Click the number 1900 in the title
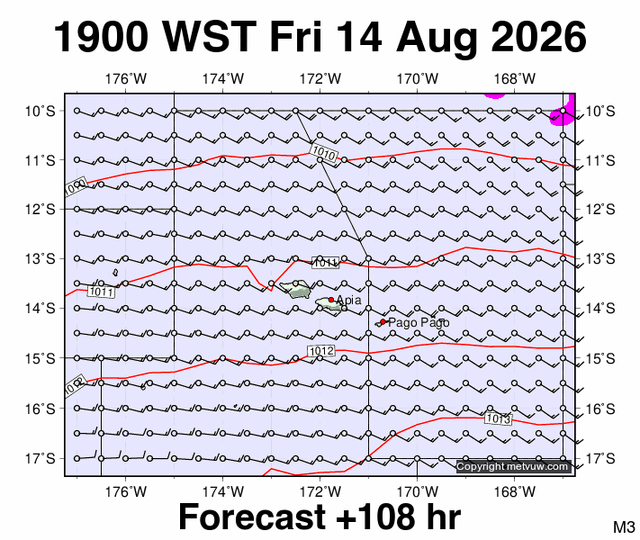click(x=101, y=37)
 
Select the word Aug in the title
click(x=437, y=40)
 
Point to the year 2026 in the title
click(x=539, y=37)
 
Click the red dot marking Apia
click(x=331, y=300)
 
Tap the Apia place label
click(x=348, y=300)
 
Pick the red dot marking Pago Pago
click(x=383, y=321)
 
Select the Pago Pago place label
click(x=419, y=323)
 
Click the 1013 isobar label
click(x=498, y=418)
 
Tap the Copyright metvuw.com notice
click(x=512, y=466)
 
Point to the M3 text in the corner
click(x=624, y=526)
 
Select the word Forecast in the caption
click(x=252, y=517)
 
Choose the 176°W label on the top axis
click(x=126, y=78)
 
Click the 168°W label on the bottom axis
click(x=514, y=491)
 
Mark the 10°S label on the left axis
click(x=40, y=111)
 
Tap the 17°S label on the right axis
click(x=600, y=459)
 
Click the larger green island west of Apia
click(x=295, y=289)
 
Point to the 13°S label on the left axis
click(x=40, y=259)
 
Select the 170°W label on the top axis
click(x=418, y=78)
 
